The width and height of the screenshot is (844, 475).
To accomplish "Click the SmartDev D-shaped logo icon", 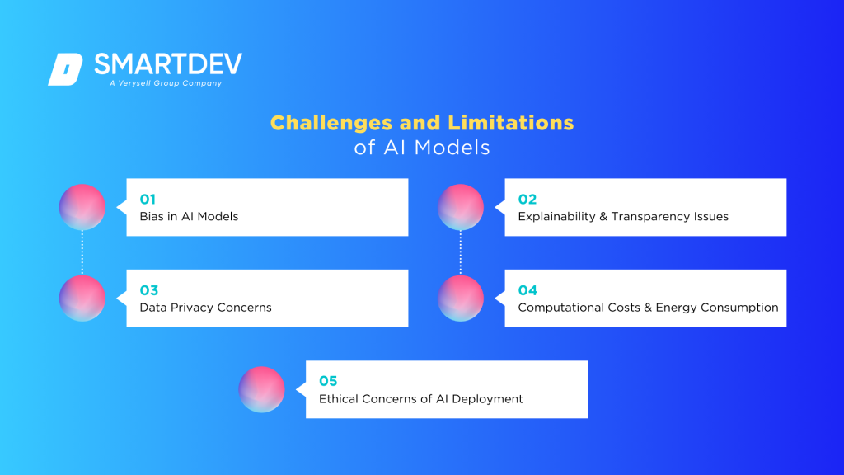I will point(65,69).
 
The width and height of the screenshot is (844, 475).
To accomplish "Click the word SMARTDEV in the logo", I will point(168,65).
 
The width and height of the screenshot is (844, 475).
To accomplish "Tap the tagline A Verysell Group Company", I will point(165,83).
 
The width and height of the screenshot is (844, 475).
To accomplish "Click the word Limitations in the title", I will point(510,123).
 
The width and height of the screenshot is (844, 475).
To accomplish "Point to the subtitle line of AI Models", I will point(422,148).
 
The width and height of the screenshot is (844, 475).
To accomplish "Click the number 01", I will point(148,199).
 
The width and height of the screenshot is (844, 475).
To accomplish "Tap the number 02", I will point(527,199).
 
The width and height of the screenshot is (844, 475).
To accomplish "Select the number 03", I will point(148,290).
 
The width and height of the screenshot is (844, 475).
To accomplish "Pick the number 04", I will point(527,290).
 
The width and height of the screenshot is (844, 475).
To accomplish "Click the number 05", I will point(328,381).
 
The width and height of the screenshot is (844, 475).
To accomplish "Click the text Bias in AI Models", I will point(189,217).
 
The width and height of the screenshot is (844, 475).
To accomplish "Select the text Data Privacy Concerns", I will point(205,308).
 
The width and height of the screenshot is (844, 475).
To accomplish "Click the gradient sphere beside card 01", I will point(82,207).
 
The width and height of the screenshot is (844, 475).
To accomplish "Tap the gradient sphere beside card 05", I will point(261,389).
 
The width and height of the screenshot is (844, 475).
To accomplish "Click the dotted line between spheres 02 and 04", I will point(460,252).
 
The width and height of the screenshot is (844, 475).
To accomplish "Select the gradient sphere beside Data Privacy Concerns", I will point(82,299).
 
